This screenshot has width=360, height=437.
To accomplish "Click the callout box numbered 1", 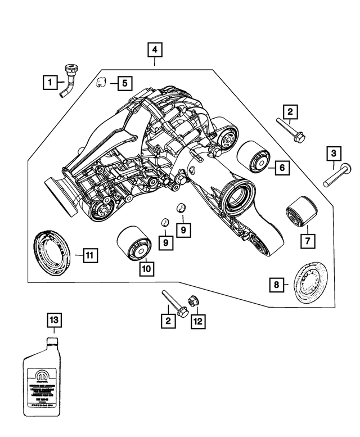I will (x=50, y=83).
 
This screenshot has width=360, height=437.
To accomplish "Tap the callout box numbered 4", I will (x=155, y=50).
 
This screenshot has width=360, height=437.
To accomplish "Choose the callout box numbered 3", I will (x=334, y=152).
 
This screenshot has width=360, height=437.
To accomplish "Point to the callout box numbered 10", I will (x=146, y=268).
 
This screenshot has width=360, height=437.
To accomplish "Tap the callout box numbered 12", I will (x=198, y=321).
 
